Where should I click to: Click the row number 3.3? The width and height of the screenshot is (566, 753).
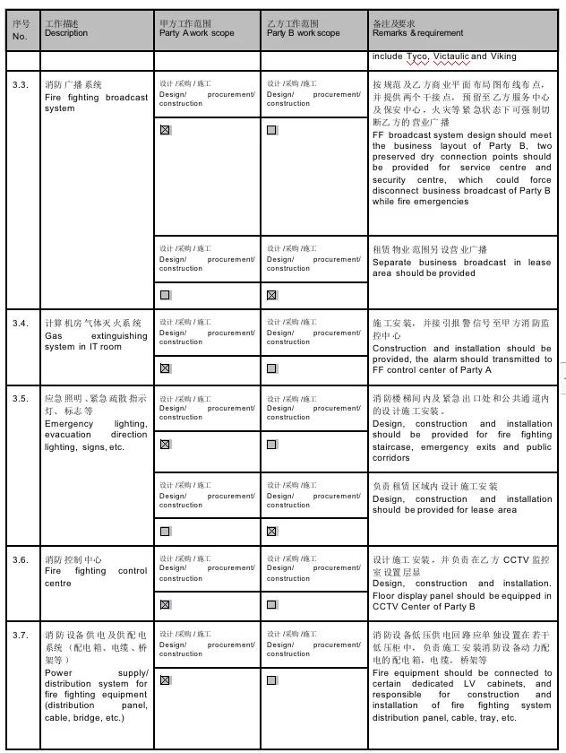[x=21, y=84]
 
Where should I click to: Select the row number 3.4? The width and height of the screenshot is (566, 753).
[x=21, y=323]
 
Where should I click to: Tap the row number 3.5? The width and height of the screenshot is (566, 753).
[x=21, y=398]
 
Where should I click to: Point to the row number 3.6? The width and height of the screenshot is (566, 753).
[x=21, y=559]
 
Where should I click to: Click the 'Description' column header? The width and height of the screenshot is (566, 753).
[x=66, y=33]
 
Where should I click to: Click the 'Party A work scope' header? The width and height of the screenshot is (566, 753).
[x=197, y=33]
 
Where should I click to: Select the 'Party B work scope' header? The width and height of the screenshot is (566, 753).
[x=304, y=33]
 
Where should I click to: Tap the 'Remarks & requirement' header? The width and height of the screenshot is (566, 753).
[x=418, y=33]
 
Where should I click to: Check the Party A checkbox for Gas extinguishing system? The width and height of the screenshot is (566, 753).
[x=165, y=368]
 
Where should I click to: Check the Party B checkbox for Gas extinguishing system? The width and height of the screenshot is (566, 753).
[x=271, y=368]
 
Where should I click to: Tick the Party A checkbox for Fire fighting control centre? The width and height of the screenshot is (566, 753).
[x=165, y=604]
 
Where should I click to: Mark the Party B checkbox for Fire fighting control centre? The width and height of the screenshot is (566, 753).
[x=271, y=604]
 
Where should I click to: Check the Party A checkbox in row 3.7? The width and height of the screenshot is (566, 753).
[x=165, y=679]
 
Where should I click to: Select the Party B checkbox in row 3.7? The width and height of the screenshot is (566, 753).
[x=271, y=679]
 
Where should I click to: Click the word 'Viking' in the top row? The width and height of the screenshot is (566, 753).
[x=503, y=56]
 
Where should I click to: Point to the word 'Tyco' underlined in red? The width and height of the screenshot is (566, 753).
[x=416, y=56]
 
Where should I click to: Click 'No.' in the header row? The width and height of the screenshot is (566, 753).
[x=21, y=37]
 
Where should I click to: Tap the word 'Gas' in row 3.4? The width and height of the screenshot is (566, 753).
[x=53, y=336]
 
